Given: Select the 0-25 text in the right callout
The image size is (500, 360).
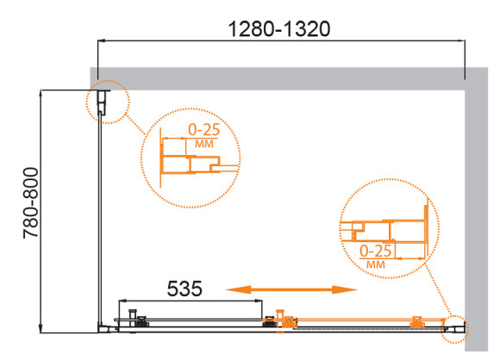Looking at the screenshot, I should [376, 250].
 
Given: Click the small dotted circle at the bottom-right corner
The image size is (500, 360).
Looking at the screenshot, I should [456, 326].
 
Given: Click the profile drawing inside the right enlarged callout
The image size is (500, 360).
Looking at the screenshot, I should [388, 230].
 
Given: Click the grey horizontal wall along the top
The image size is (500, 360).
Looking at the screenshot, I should [284, 75].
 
